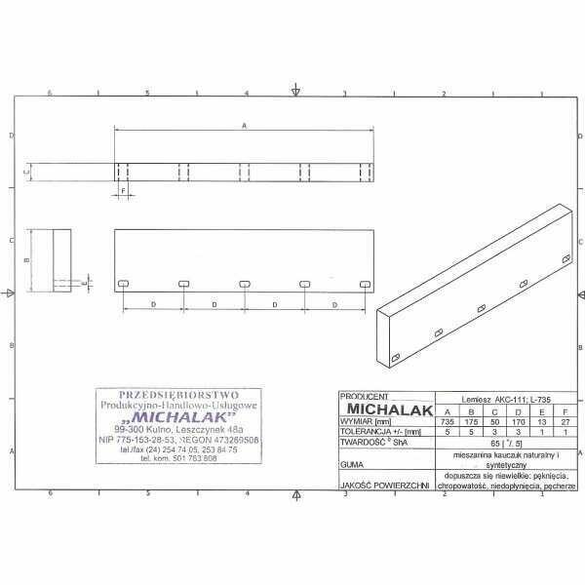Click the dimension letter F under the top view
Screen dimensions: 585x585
pyautogui.click(x=123, y=191)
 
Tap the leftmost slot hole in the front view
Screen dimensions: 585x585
pyautogui.click(x=123, y=283)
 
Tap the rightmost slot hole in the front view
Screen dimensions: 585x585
pyautogui.click(x=366, y=283)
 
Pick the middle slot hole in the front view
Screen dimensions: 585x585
pyautogui.click(x=244, y=283)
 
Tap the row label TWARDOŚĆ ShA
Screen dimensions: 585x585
pyautogui.click(x=372, y=441)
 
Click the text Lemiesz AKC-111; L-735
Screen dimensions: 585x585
pyautogui.click(x=506, y=398)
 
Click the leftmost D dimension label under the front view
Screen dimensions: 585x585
pyautogui.click(x=153, y=305)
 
